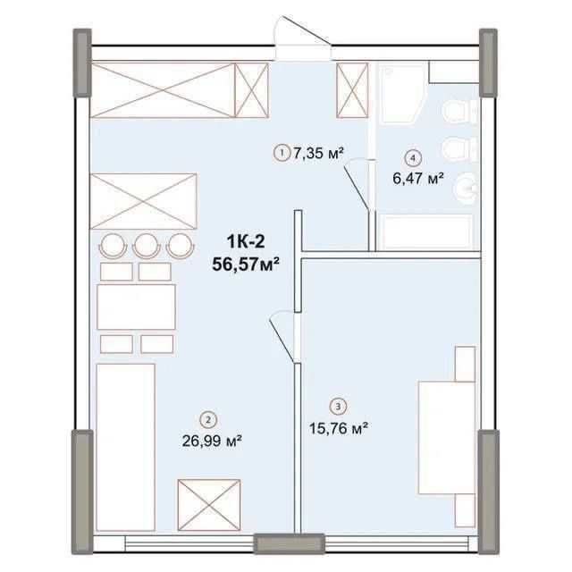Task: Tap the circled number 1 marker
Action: coord(282,154)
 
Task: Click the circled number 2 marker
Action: coord(208,417)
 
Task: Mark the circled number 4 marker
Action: coord(412,157)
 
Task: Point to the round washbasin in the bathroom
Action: coord(466,187)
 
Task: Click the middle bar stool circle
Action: coord(147,243)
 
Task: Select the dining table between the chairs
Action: coord(135,307)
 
